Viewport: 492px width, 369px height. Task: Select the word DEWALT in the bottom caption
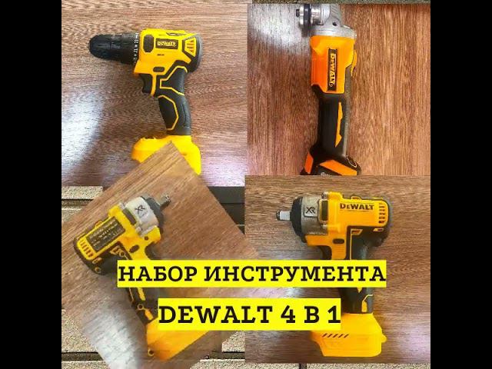click(215, 314)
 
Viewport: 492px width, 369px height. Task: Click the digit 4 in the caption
click(288, 314)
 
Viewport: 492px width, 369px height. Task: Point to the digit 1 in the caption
click(334, 314)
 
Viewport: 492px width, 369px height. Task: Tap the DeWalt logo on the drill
click(167, 44)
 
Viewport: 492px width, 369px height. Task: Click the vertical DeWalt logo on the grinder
click(333, 69)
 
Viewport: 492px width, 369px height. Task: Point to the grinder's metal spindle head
click(311, 13)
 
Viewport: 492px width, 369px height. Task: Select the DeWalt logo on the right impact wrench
click(357, 207)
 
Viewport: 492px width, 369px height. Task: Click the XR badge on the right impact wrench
click(310, 210)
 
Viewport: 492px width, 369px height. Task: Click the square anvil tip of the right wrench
click(282, 215)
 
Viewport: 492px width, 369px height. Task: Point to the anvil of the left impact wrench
click(164, 200)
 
